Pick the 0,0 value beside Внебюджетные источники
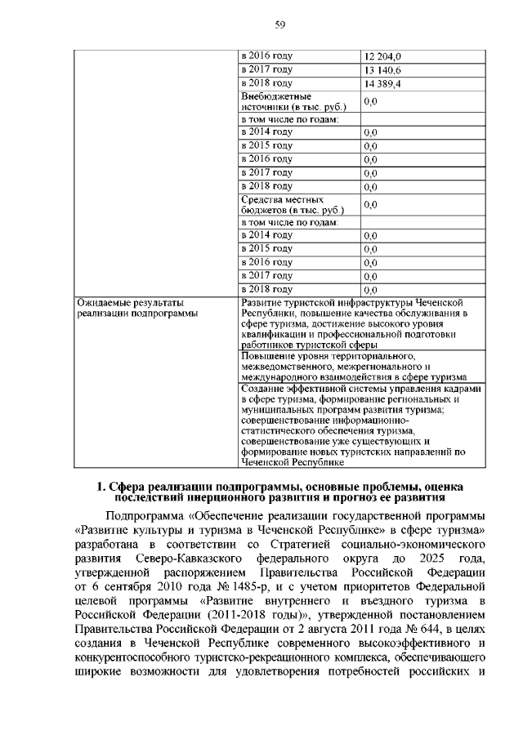[x=370, y=101]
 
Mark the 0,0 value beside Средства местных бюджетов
[x=370, y=204]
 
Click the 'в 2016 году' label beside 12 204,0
[x=266, y=56]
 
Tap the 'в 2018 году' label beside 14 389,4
[x=266, y=83]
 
